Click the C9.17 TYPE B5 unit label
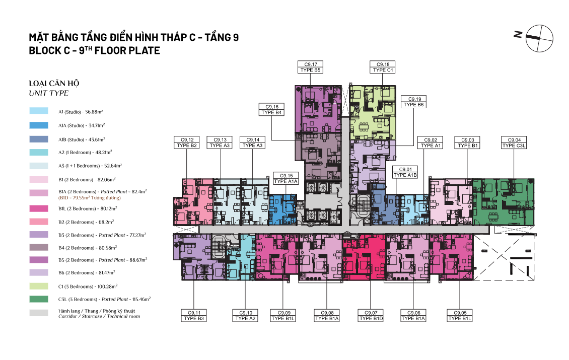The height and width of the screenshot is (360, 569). tap(310, 67)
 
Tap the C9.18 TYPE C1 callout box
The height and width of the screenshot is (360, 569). tap(383, 67)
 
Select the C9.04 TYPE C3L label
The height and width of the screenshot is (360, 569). tap(514, 142)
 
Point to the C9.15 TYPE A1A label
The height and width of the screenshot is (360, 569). tap(286, 179)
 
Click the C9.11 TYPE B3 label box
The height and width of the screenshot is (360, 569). tap(194, 316)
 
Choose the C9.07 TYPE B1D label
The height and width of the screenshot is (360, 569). tap(371, 316)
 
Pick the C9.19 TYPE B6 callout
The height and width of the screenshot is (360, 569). tap(414, 102)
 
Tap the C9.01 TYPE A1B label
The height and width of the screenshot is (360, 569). tap(405, 172)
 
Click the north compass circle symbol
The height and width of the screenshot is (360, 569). tap(540, 38)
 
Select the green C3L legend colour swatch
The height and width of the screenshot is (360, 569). tap(39, 299)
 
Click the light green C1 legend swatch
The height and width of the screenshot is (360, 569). tap(39, 286)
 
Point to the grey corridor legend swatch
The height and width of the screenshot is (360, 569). tap(39, 313)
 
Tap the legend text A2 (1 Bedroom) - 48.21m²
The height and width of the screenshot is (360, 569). tap(85, 153)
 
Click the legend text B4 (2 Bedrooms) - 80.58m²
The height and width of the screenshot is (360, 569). tap(88, 248)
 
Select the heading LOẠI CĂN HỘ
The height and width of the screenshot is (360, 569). tap(54, 83)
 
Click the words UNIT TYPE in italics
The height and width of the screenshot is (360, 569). tap(49, 93)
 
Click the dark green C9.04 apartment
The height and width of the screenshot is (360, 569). tap(504, 202)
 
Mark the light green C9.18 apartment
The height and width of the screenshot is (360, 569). tap(372, 112)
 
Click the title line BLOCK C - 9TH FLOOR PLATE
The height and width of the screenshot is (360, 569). tap(94, 50)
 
